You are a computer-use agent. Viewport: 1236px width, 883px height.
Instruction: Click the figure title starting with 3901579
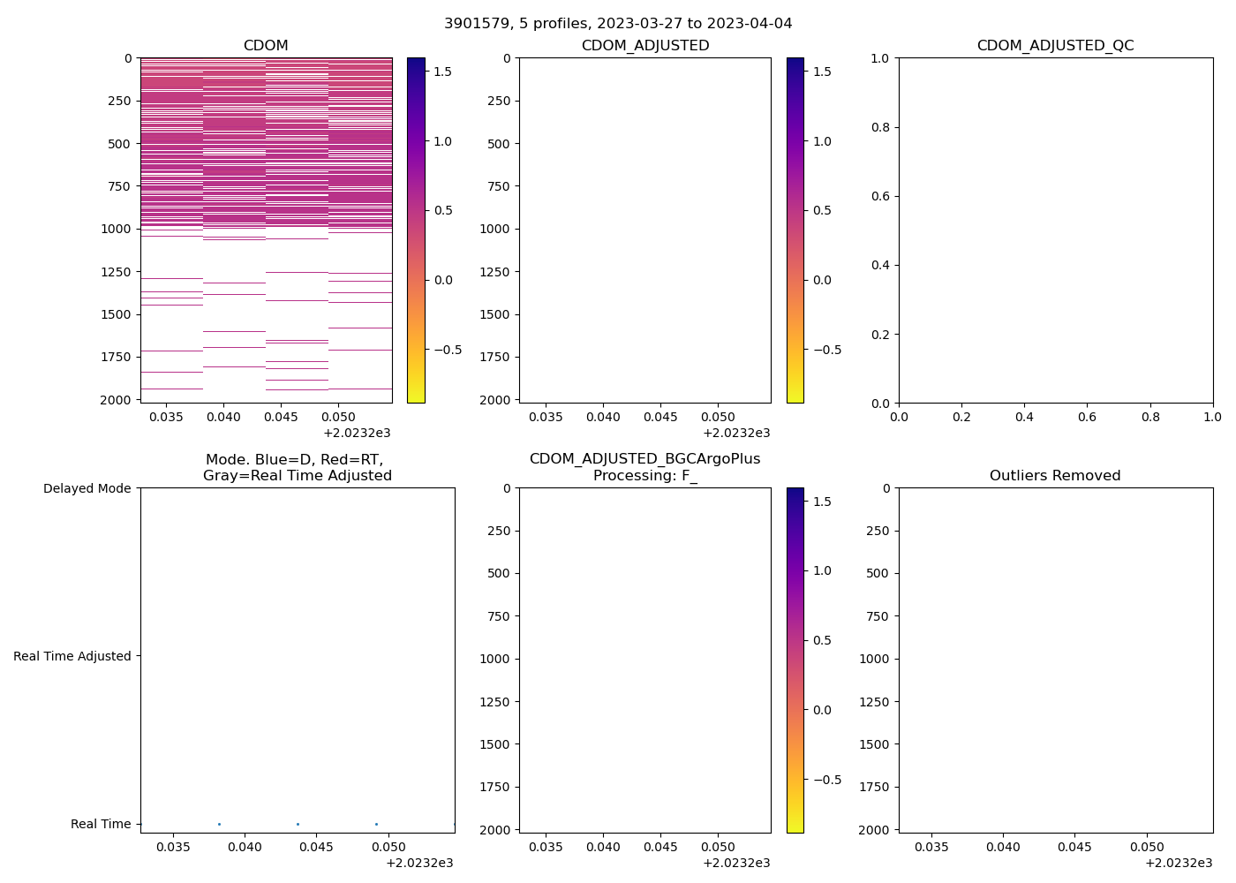pos(618,23)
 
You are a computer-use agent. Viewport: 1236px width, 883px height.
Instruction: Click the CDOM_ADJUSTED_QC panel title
pos(1055,45)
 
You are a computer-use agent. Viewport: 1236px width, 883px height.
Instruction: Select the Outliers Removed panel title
pos(1055,475)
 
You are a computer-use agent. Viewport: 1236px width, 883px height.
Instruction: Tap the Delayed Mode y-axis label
pos(87,488)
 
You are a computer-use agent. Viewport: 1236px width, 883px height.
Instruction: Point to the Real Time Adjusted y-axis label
pos(72,656)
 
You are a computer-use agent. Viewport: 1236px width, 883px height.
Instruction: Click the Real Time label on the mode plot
pos(101,824)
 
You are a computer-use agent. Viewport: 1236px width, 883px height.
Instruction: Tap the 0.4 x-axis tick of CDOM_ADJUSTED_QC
pos(1024,417)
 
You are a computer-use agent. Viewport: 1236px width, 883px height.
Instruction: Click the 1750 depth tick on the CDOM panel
pos(116,357)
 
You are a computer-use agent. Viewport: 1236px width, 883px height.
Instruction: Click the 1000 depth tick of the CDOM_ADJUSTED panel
pos(494,229)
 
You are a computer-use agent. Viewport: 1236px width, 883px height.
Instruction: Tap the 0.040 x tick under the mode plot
pos(245,847)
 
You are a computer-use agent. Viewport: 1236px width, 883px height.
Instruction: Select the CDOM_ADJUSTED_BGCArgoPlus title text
pos(644,459)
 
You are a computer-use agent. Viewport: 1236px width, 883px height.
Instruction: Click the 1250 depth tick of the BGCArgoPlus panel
pos(494,702)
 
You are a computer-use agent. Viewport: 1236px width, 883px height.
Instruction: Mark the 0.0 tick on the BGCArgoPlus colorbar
pos(822,710)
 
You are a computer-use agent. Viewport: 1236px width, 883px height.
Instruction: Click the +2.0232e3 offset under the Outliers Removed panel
pos(1179,863)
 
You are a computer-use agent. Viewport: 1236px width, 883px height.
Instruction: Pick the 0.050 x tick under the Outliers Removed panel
pos(1147,847)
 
